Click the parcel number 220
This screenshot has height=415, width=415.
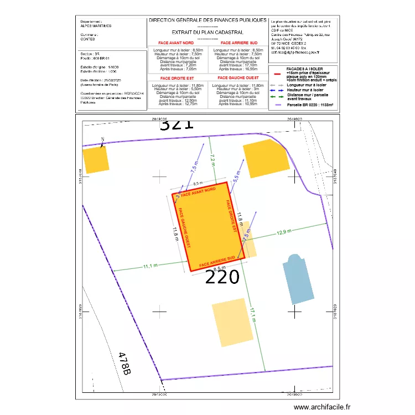click(x=222, y=276)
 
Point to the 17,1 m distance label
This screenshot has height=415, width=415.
click(x=252, y=316)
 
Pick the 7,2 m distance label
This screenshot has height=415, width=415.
click(x=212, y=159)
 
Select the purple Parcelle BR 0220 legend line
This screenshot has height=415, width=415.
click(x=278, y=103)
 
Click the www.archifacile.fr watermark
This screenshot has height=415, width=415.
click(x=322, y=407)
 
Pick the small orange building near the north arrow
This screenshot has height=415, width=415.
click(x=95, y=159)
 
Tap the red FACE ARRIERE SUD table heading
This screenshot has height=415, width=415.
click(x=238, y=43)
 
